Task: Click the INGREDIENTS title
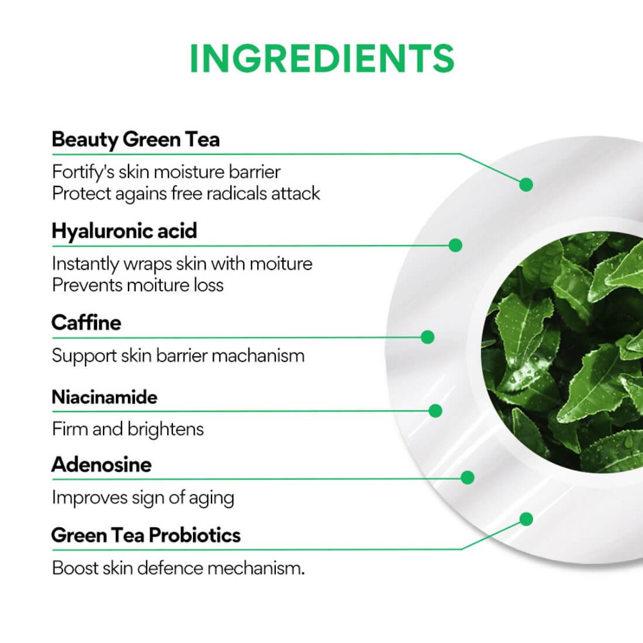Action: click(321, 57)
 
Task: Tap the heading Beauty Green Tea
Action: click(136, 140)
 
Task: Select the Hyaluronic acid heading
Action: click(124, 231)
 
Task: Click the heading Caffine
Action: click(86, 323)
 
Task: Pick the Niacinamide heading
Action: click(105, 397)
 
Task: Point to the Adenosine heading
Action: click(101, 465)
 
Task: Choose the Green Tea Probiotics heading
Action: click(146, 535)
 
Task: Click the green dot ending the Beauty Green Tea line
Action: click(526, 185)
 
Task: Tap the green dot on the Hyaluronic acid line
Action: click(455, 245)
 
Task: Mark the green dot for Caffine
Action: click(427, 337)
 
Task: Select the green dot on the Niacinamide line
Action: click(435, 411)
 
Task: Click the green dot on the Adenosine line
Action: click(467, 478)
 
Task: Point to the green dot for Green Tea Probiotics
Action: click(526, 518)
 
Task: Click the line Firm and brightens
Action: click(128, 429)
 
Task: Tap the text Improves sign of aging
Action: click(143, 497)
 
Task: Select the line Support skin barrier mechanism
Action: click(178, 355)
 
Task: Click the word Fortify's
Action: click(82, 172)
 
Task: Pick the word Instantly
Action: click(85, 264)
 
